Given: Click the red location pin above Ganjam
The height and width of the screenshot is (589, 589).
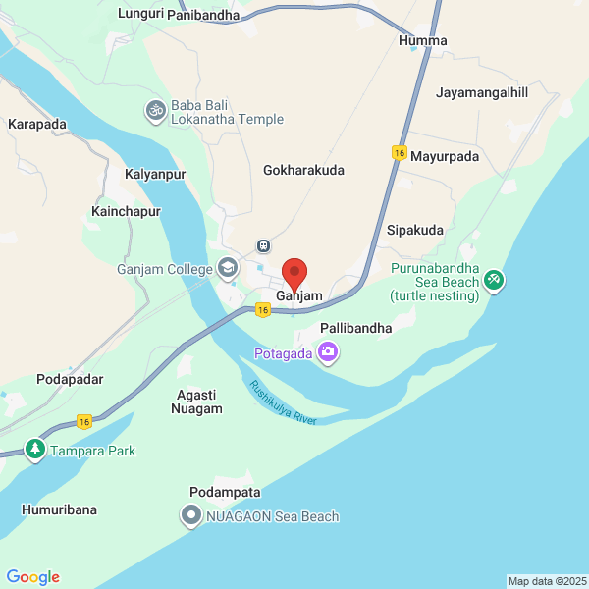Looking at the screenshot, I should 294,273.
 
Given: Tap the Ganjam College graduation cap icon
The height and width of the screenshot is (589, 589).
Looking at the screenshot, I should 228,268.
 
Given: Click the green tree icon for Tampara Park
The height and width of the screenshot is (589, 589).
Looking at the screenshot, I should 35,450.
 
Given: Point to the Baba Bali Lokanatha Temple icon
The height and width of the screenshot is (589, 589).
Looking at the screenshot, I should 155,110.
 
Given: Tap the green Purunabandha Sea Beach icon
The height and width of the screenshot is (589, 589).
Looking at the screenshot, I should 494,281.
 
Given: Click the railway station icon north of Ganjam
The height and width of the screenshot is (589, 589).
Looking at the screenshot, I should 263,245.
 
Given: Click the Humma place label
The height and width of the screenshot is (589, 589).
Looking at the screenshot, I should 423,41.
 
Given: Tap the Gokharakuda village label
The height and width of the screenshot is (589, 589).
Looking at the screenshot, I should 303,170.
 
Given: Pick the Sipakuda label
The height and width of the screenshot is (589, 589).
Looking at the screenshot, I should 415,230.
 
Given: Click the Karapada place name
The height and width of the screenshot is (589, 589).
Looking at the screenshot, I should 36,125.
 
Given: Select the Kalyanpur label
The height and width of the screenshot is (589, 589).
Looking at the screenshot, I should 155,174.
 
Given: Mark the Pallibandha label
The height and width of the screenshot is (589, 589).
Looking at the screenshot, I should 356,328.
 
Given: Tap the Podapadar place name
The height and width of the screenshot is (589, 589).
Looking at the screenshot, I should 69,379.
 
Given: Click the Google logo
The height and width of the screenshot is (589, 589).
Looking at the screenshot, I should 32,577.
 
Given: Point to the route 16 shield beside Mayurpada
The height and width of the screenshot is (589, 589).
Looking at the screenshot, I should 399,152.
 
